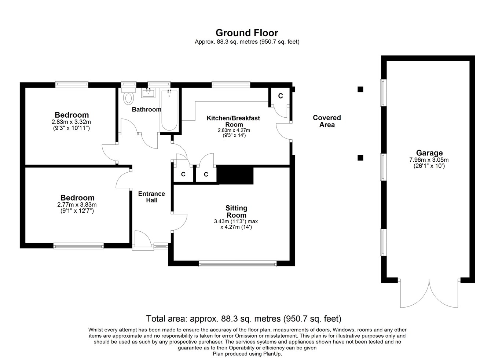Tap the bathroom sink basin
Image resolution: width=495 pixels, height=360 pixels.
click(148, 93)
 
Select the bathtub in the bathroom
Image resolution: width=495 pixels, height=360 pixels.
click(169, 110)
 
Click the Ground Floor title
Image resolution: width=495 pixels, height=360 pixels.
click(247, 33)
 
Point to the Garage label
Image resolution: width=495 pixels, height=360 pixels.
click(429, 153)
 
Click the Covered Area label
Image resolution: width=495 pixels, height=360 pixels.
click(327, 121)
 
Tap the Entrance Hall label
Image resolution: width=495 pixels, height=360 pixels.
click(151, 197)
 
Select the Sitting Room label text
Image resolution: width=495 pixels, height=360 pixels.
click(236, 212)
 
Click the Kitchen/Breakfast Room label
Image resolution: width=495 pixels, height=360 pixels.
click(233, 121)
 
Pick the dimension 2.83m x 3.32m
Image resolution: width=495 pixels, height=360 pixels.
click(71, 122)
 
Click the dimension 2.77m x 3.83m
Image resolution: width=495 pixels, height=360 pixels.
click(77, 205)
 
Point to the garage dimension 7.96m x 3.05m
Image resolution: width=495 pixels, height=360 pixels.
click(429, 160)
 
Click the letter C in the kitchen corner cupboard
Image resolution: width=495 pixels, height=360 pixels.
click(280, 96)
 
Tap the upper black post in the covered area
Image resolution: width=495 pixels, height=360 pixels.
click(360, 89)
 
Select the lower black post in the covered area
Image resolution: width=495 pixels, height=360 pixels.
click(360, 158)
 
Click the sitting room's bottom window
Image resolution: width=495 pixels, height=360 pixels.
click(238, 264)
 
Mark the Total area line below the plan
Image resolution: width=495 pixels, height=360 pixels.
click(244, 319)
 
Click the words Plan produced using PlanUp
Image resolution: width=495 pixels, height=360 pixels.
click(247, 354)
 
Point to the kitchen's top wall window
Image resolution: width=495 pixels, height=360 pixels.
click(231, 84)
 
